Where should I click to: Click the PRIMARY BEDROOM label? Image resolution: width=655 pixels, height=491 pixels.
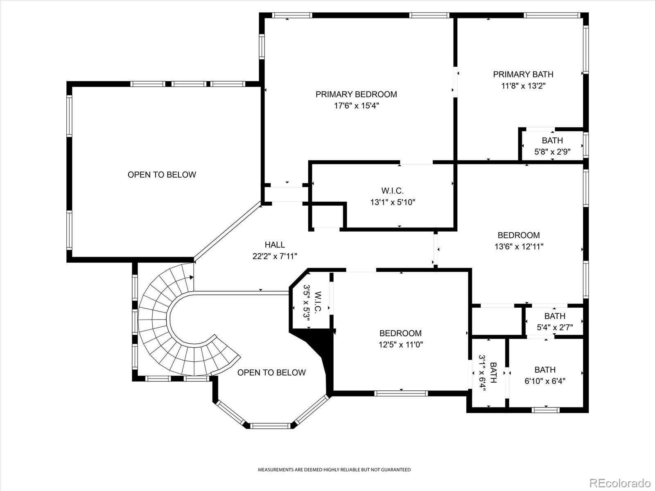(x=356, y=95)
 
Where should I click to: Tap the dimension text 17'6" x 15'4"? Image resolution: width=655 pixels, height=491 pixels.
(x=356, y=106)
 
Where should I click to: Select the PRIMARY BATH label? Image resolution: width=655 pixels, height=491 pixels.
(x=523, y=74)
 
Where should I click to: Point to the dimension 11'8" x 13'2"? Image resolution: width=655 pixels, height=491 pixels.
(x=524, y=86)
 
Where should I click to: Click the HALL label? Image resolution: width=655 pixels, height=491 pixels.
(x=275, y=245)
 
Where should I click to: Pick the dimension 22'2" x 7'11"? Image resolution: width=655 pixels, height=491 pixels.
(x=275, y=257)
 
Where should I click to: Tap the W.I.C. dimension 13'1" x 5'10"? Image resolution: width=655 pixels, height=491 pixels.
(x=393, y=203)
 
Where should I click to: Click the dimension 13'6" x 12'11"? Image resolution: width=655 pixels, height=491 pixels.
(x=519, y=247)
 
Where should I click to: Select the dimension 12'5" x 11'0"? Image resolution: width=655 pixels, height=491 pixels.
(x=401, y=345)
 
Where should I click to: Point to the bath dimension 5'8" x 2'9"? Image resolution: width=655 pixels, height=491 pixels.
(x=552, y=152)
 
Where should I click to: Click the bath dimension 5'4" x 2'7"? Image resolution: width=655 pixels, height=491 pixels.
(x=555, y=328)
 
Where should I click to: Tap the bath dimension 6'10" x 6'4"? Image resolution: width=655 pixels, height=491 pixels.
(x=545, y=381)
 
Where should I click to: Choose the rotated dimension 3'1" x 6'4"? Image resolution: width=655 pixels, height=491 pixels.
(x=482, y=373)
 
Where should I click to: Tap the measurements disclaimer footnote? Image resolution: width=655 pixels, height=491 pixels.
(x=334, y=470)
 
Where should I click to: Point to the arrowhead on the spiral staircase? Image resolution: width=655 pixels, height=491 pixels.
(x=192, y=277)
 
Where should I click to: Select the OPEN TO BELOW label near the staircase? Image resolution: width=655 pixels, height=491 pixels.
(x=271, y=373)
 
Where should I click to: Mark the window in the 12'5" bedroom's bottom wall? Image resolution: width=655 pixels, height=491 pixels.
(x=401, y=394)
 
